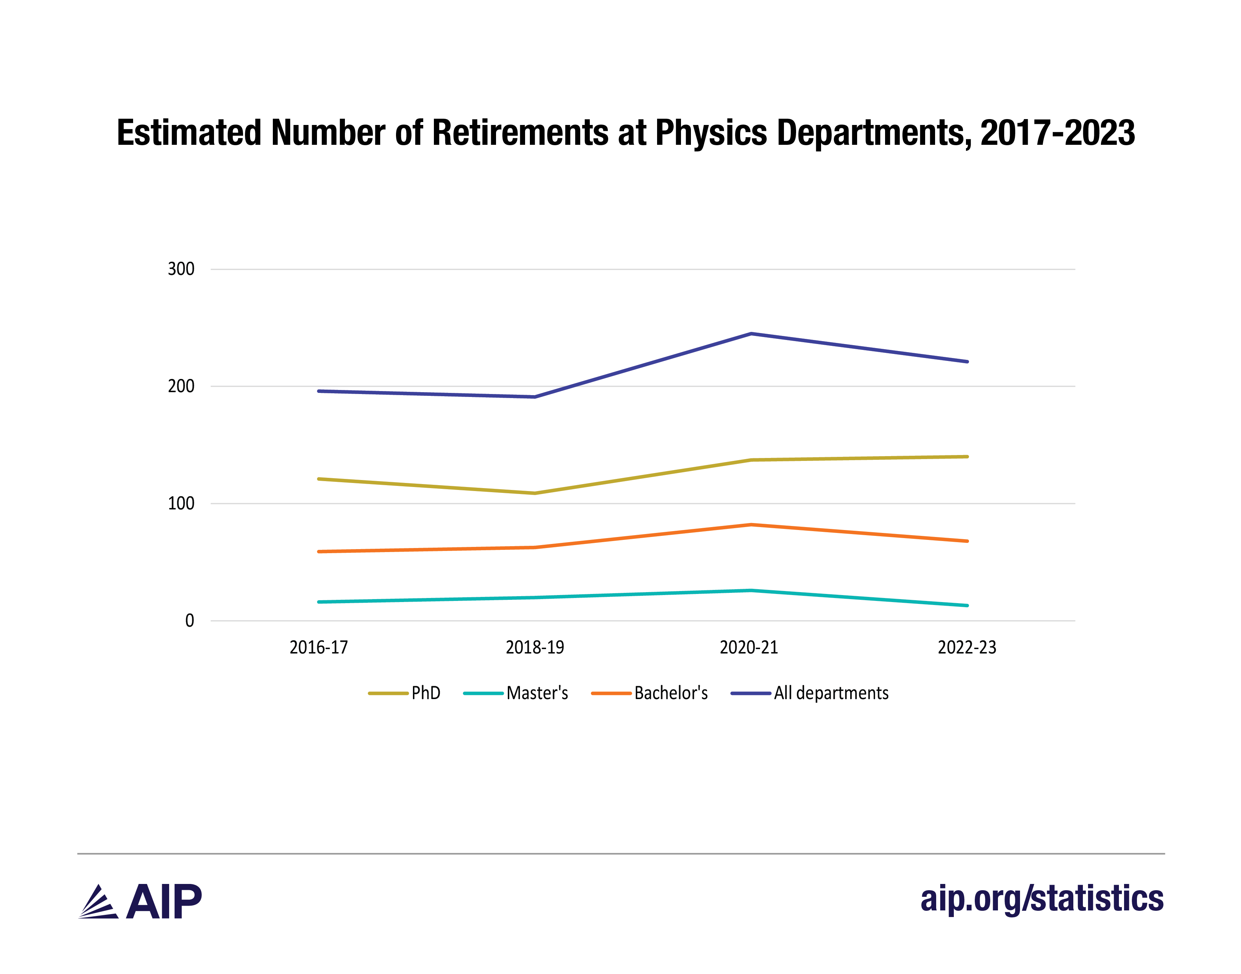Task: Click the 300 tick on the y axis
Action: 180,269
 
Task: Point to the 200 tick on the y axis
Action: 180,386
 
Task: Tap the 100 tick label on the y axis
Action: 180,504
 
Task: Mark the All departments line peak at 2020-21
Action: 751,334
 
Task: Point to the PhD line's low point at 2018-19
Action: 535,493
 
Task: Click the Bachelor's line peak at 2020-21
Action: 751,524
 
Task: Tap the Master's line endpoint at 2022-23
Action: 967,606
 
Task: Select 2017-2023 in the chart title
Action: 1057,133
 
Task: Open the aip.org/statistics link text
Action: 1041,899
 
